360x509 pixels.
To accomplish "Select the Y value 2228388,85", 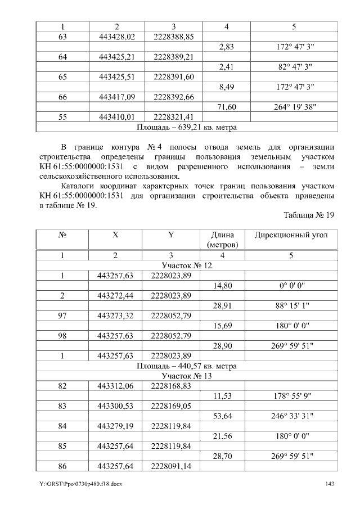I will tap(173, 37).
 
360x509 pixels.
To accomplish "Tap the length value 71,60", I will tap(226, 107).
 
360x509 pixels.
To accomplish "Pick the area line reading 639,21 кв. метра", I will tap(187, 127).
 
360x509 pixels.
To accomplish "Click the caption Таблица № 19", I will tap(309, 215).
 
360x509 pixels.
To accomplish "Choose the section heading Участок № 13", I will tap(187, 376).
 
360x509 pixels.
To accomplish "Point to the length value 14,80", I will tap(223, 286).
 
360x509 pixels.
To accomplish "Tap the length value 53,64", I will tap(223, 416).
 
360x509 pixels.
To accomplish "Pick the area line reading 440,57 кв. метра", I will tap(187, 366).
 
